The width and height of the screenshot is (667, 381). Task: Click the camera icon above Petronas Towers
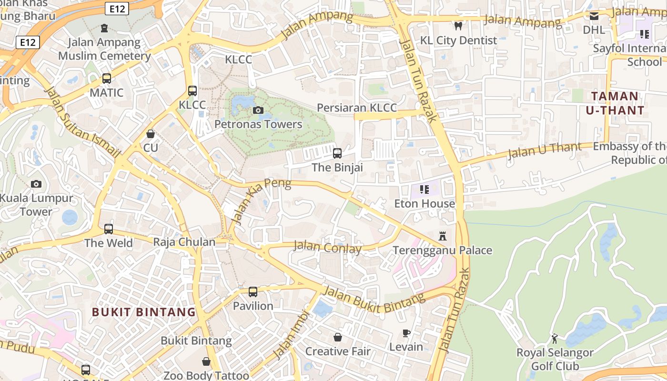tap(258, 110)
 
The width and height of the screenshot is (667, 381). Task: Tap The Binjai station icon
tap(337, 153)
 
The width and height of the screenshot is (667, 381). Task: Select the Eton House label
tap(424, 204)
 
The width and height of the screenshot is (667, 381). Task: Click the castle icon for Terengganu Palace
tap(443, 236)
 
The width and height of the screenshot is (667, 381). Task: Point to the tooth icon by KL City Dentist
tap(458, 26)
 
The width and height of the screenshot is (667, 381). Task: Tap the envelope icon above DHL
tap(594, 16)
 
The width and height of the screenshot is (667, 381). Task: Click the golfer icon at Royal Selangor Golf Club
tap(555, 339)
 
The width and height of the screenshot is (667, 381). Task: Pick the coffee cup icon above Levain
tap(406, 333)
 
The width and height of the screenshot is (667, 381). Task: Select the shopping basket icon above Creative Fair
tap(338, 337)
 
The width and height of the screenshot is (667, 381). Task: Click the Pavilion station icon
tap(253, 291)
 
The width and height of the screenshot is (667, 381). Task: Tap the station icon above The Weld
tap(109, 229)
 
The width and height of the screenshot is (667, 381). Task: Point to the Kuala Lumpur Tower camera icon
tap(36, 184)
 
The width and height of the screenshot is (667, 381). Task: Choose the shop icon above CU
tap(151, 134)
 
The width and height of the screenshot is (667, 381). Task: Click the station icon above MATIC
tap(107, 79)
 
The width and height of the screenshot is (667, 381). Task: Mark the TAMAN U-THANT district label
tap(618, 103)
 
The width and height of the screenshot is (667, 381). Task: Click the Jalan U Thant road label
tap(545, 150)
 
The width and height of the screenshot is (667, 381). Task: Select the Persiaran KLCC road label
tap(357, 108)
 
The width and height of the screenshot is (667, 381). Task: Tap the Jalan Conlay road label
tap(327, 247)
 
